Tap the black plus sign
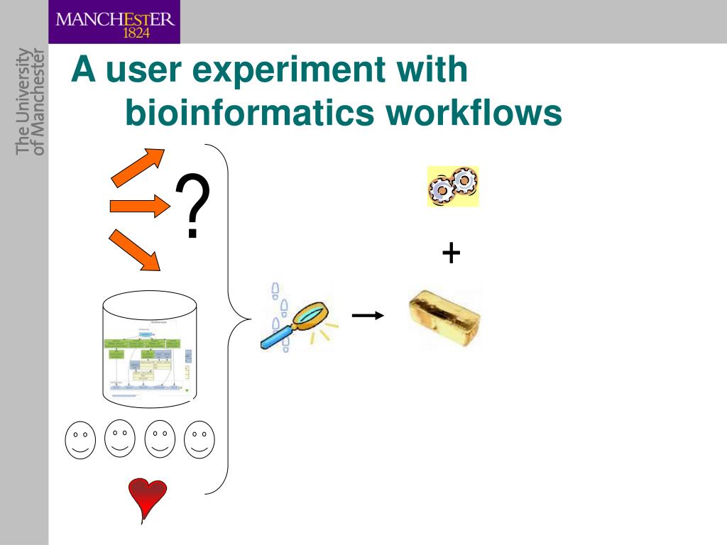pos(451,252)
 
